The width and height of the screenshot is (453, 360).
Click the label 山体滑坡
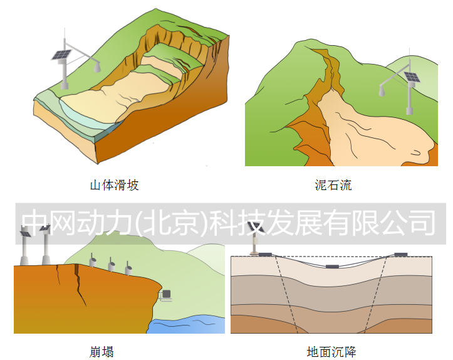115,185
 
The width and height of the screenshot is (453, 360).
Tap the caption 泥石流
333,185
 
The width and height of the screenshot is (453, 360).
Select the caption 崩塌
102,352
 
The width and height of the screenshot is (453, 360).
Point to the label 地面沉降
331,352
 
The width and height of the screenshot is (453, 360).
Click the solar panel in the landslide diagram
61,55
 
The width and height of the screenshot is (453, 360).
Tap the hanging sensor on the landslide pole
97,68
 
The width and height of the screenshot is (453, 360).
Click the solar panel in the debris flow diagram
412,77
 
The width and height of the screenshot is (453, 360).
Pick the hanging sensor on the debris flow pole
382,91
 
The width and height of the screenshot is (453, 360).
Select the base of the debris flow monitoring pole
409,111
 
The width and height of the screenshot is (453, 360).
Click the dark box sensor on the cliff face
167,294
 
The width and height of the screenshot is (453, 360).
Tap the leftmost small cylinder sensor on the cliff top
93,261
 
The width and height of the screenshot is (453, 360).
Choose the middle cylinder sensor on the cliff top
112,265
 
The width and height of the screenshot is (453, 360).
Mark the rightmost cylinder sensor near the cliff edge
128,268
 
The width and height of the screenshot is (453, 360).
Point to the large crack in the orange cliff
79,285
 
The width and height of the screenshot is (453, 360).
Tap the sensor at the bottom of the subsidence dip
332,267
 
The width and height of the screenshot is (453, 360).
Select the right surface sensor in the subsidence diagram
401,255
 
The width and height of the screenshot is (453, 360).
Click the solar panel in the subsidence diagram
256,227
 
